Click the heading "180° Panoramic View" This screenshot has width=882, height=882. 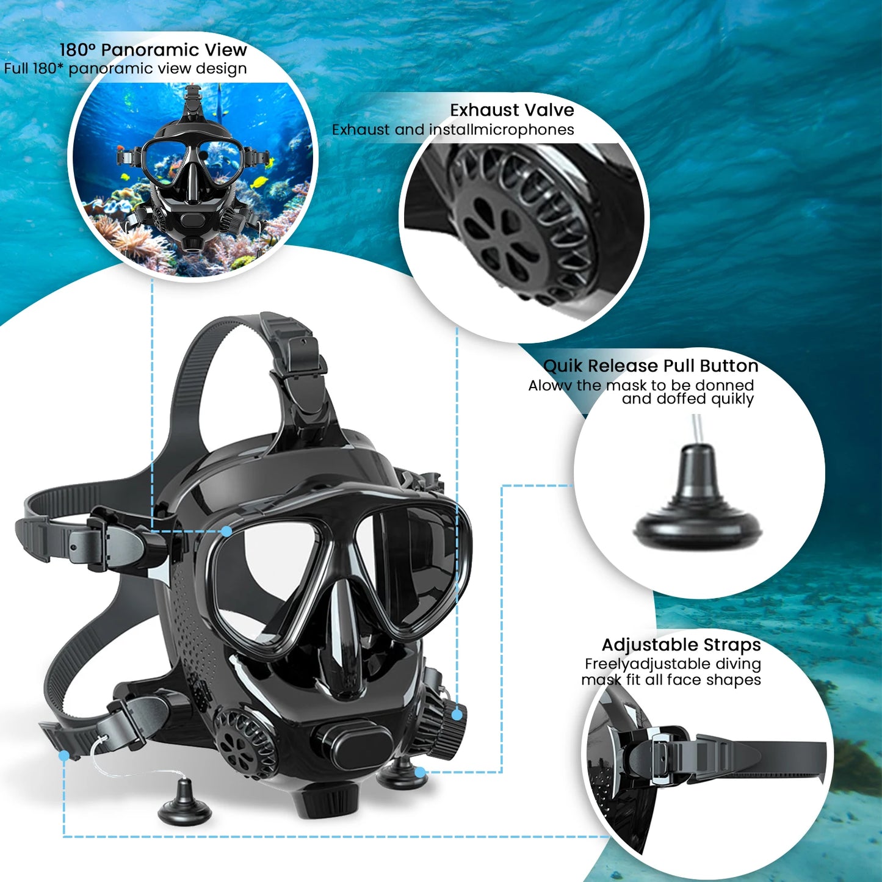click(x=153, y=49)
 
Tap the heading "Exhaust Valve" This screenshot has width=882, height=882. click(x=511, y=110)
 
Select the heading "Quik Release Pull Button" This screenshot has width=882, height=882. click(x=650, y=366)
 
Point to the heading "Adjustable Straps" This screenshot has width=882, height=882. click(x=681, y=645)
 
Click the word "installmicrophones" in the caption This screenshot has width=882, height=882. click(x=501, y=129)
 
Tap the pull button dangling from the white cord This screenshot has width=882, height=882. click(x=184, y=802)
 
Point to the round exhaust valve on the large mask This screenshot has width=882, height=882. click(x=244, y=742)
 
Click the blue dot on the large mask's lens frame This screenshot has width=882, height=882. click(x=226, y=531)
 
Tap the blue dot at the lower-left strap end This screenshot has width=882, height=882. click(x=63, y=756)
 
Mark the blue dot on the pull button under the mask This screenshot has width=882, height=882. click(x=420, y=772)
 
